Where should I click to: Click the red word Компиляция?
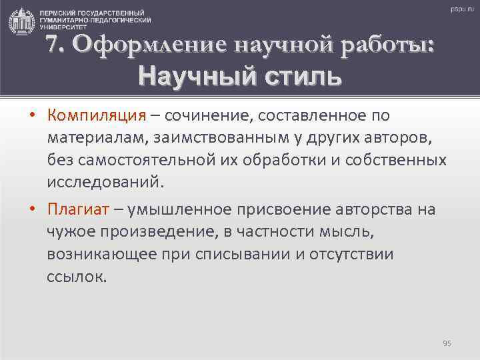coord(96,116)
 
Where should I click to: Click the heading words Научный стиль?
coord(240,75)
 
